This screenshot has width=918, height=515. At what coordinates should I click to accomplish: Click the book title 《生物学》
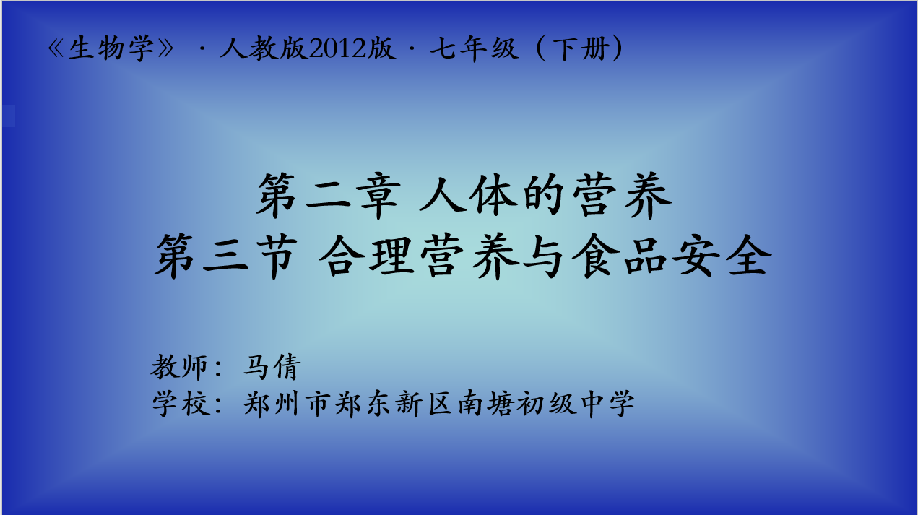(111, 48)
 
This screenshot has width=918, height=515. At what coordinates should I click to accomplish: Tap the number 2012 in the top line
(338, 48)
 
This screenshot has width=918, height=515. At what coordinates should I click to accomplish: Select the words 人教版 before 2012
(264, 48)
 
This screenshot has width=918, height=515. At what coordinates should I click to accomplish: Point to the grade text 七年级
(474, 48)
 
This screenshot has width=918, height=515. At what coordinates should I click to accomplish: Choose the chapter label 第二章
(329, 195)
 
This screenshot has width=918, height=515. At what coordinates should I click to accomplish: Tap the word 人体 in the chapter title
(468, 195)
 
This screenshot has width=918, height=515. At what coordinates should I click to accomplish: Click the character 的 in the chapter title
(545, 195)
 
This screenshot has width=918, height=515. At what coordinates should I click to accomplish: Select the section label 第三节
(226, 256)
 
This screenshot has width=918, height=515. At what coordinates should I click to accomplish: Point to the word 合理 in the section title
(366, 256)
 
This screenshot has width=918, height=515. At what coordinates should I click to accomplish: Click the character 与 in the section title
(543, 256)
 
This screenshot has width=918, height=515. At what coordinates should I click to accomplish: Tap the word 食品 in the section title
(619, 256)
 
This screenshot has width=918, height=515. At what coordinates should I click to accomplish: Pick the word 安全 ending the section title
(722, 256)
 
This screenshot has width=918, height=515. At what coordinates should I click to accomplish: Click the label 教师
(179, 367)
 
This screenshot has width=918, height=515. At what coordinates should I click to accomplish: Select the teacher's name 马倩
(272, 367)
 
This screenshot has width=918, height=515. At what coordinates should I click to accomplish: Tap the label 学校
(181, 404)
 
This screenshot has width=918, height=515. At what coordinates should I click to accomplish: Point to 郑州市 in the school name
(287, 404)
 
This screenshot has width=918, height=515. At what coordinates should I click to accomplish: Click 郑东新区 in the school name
(394, 404)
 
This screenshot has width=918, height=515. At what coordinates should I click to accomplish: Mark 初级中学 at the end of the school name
(576, 404)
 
